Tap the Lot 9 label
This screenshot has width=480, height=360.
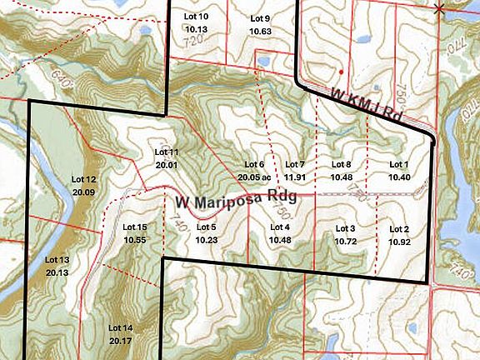(261, 18)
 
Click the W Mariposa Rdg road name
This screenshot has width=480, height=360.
(236, 203)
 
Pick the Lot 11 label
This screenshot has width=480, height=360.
(167, 152)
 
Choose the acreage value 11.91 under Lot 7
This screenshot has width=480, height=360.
(296, 177)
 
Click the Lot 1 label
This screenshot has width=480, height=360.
(398, 164)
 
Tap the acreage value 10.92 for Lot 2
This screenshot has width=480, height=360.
(399, 241)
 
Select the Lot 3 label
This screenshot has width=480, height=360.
(345, 228)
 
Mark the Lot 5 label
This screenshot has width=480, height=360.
(206, 227)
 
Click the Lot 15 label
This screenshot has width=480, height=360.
(135, 227)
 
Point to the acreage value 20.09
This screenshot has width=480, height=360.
(84, 192)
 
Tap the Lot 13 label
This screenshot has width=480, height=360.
(57, 259)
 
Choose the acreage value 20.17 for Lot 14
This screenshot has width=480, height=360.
(121, 341)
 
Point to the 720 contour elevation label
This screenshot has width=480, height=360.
(194, 39)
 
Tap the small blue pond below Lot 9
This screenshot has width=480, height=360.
(263, 62)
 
